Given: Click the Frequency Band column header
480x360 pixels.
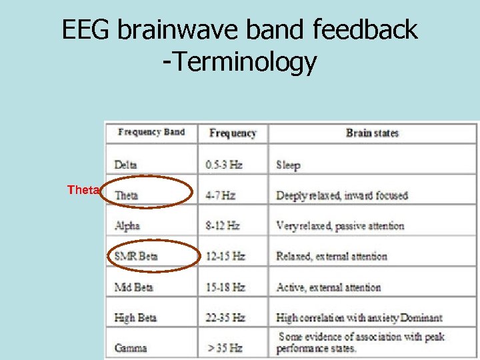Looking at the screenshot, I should click(151, 132).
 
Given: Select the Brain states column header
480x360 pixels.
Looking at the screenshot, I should click(372, 133).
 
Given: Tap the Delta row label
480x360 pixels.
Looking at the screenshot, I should click(126, 165).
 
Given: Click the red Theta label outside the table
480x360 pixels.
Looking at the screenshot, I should click(83, 191).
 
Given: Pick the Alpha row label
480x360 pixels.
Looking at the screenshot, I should click(127, 226).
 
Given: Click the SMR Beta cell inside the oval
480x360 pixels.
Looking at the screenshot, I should click(136, 256).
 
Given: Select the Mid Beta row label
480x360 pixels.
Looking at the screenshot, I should click(134, 287).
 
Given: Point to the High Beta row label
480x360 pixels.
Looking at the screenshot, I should click(135, 318).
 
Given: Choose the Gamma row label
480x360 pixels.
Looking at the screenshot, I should click(131, 347).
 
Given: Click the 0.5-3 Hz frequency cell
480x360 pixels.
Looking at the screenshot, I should click(224, 165).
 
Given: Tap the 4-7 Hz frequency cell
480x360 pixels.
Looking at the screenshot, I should click(221, 195).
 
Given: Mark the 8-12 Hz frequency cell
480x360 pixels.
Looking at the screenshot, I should click(223, 226).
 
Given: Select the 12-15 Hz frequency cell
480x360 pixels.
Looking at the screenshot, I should click(225, 256).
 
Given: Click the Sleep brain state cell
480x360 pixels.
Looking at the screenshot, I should click(288, 165).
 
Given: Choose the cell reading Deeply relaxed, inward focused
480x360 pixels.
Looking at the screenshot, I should click(341, 195).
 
